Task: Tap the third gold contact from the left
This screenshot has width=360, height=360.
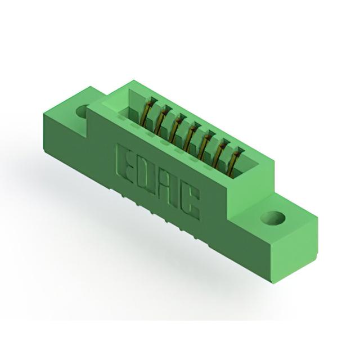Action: point(175,129)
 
